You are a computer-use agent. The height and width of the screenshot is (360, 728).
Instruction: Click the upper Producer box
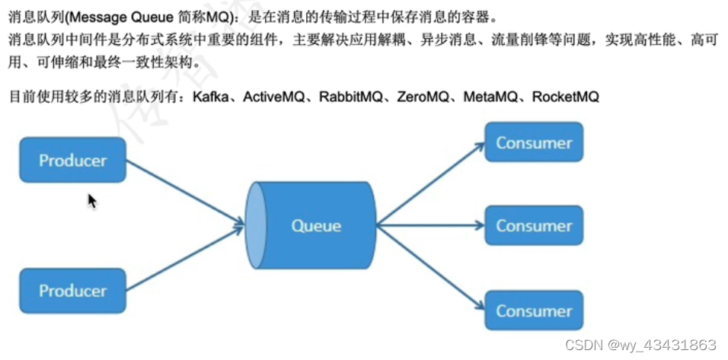[x=72, y=160]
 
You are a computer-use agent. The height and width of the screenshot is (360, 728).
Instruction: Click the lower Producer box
[x=72, y=291]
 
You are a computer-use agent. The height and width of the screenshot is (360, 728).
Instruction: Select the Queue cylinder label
[x=316, y=225]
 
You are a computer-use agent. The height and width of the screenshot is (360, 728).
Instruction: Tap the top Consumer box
[x=533, y=142]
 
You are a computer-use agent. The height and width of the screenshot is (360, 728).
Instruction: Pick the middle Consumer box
[x=533, y=226]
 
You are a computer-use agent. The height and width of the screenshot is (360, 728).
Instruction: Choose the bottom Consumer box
[x=533, y=310]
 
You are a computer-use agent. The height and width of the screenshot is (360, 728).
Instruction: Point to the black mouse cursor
[x=91, y=201]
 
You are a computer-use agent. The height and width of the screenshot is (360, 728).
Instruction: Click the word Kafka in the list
[x=211, y=97]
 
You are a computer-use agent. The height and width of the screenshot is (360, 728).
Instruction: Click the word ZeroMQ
[x=424, y=97]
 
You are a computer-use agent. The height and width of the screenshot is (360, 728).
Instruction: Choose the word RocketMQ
[x=566, y=97]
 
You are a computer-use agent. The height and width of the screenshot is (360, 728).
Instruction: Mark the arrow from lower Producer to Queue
[x=185, y=256]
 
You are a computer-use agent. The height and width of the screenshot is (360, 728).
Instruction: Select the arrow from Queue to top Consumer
[x=430, y=184]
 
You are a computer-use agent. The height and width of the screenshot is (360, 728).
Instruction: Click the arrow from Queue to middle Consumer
[x=430, y=225]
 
